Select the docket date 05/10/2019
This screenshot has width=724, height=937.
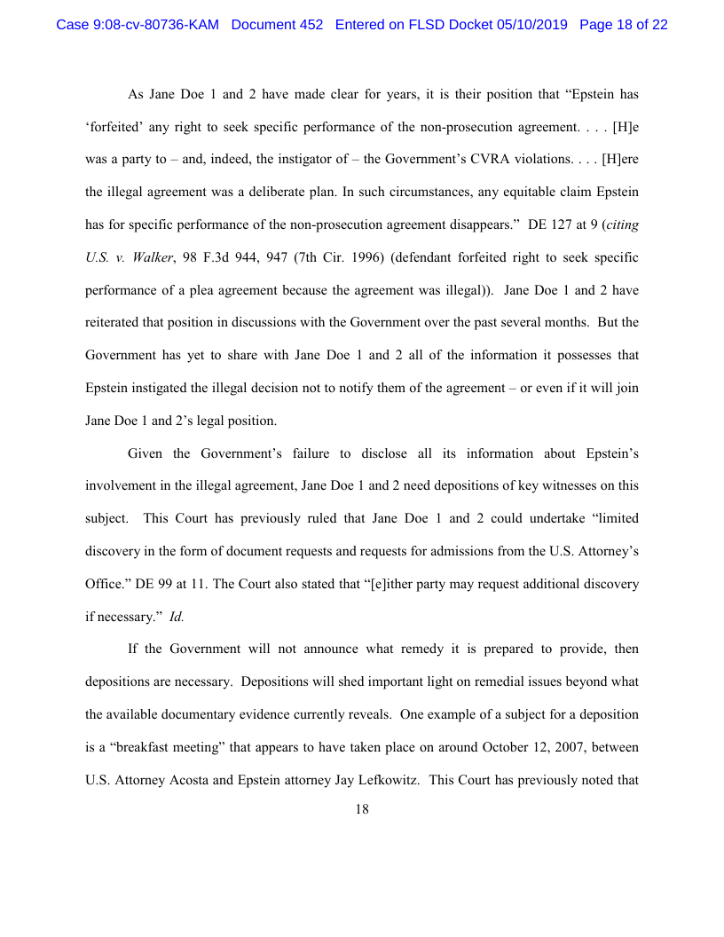pos(531,25)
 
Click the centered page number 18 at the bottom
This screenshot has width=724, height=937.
pos(362,808)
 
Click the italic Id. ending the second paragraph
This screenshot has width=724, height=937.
pos(177,616)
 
